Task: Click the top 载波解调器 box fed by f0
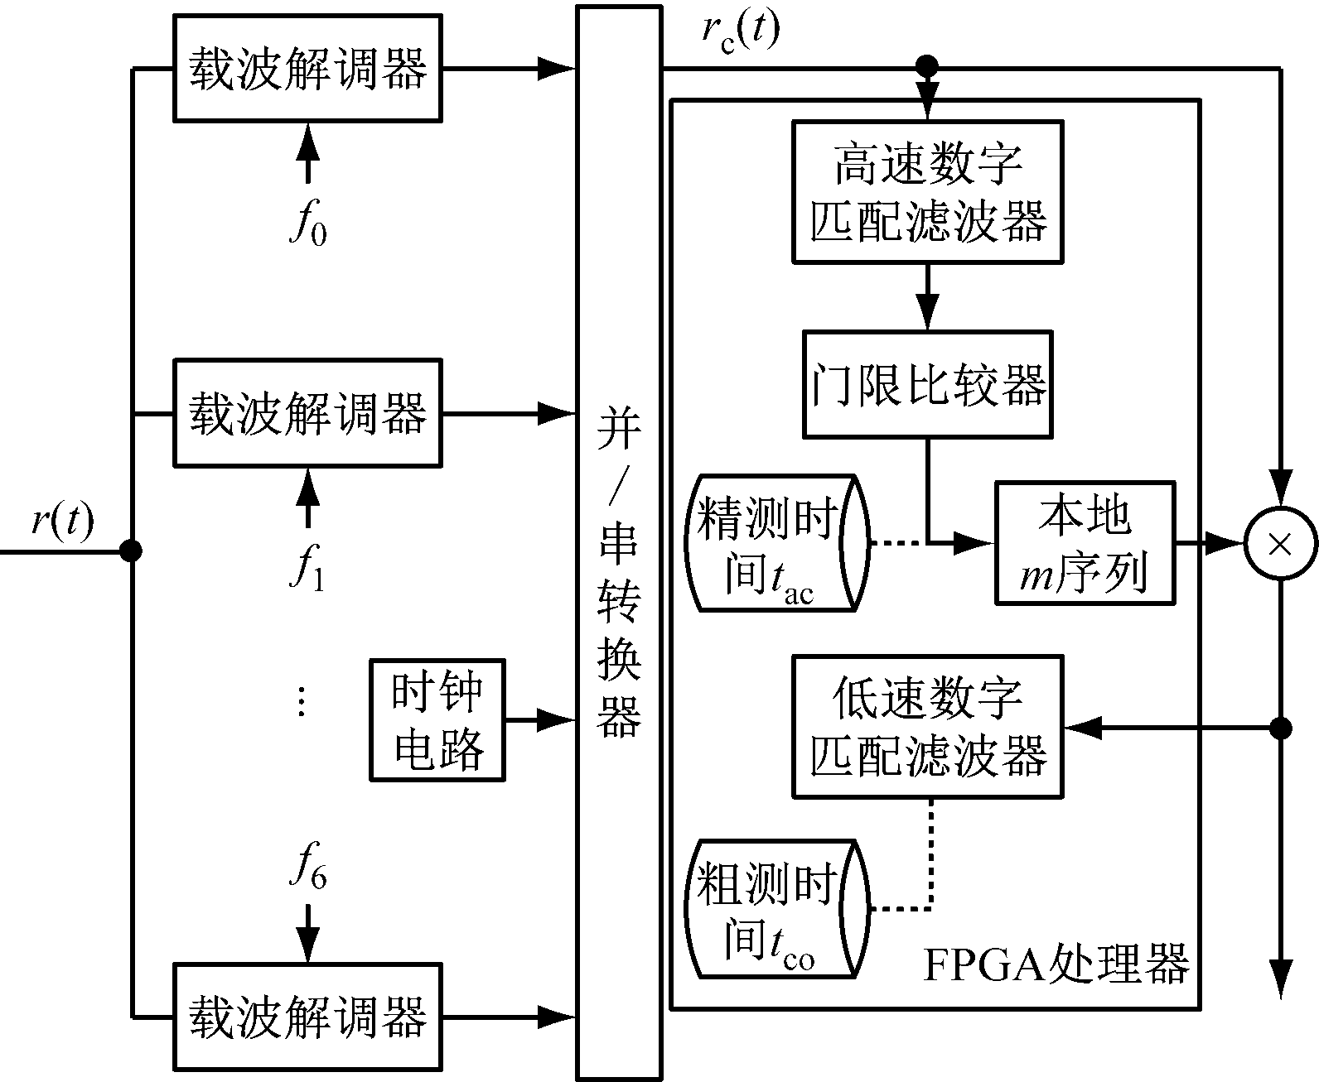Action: coord(307,68)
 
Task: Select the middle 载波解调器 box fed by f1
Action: coord(307,412)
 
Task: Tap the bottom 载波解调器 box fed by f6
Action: coord(307,1016)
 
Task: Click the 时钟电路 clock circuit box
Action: coord(437,720)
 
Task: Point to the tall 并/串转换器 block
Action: coord(619,542)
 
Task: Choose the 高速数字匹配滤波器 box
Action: coord(927,192)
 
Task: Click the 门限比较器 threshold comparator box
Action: coord(927,384)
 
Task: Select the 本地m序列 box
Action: coord(1085,543)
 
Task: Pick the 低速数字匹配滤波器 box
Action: coord(927,727)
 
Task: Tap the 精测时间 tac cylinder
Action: coord(776,543)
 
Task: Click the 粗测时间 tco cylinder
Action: coord(776,908)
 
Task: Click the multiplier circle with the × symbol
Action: coord(1280,544)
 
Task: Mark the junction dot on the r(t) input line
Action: coord(131,551)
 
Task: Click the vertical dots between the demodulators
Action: coord(302,700)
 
